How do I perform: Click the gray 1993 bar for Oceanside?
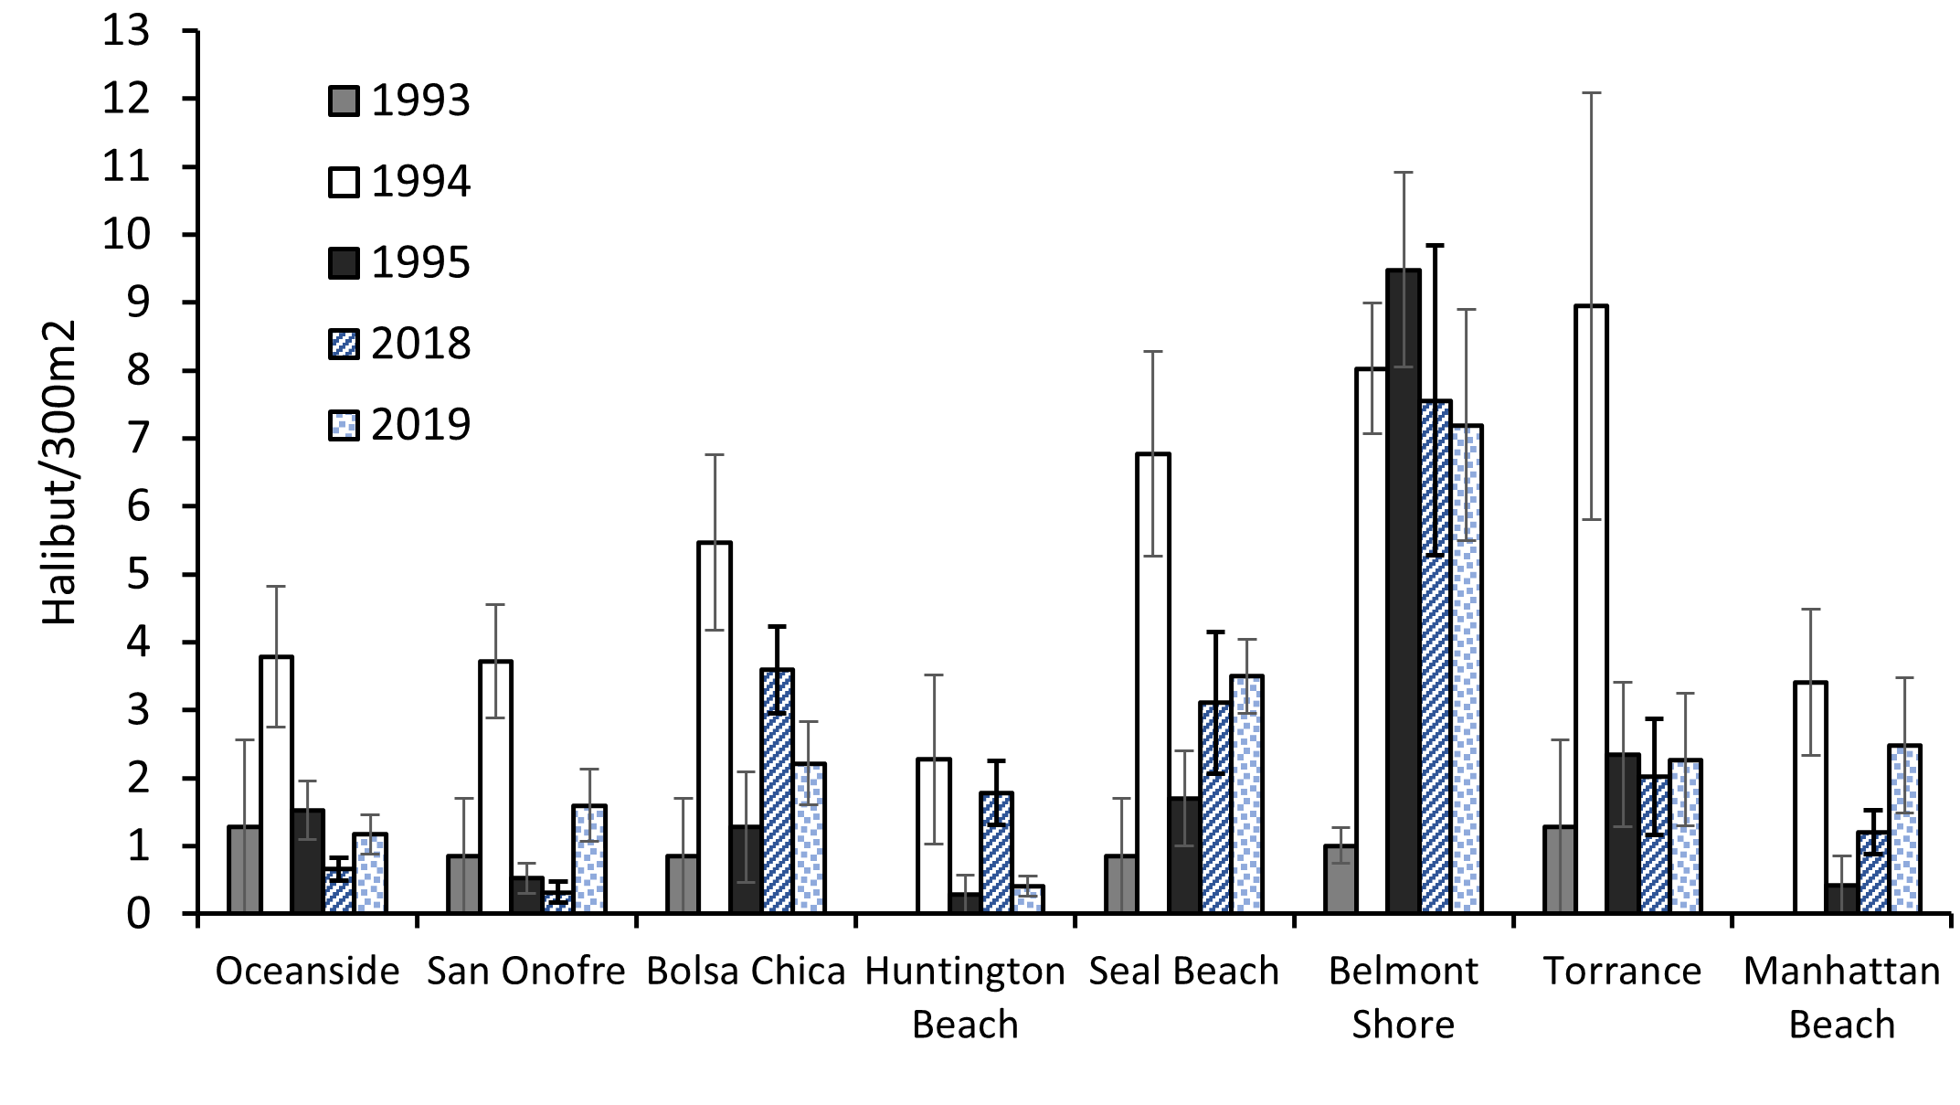point(244,868)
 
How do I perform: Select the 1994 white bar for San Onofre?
point(494,786)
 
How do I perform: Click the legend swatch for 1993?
point(344,101)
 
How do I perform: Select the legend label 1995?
point(420,263)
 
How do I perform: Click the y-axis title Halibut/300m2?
point(60,473)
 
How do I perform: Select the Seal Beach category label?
point(1183,971)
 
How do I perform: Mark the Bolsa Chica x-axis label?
point(746,971)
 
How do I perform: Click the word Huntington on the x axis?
point(965,971)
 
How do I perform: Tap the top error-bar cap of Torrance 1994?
point(1591,93)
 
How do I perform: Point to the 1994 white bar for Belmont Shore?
point(1371,640)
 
